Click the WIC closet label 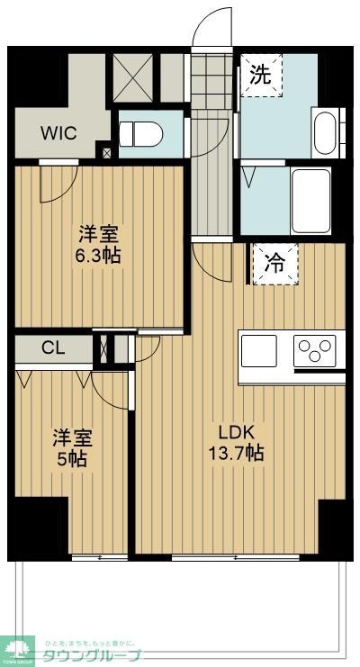[x=58, y=132]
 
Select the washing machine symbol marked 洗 [x=260, y=76]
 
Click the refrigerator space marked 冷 [x=274, y=264]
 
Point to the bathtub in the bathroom [x=310, y=198]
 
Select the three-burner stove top [x=315, y=350]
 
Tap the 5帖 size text [x=72, y=459]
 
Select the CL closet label [x=51, y=348]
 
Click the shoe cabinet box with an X [x=132, y=76]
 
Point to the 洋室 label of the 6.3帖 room [x=98, y=233]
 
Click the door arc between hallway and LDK [x=209, y=261]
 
